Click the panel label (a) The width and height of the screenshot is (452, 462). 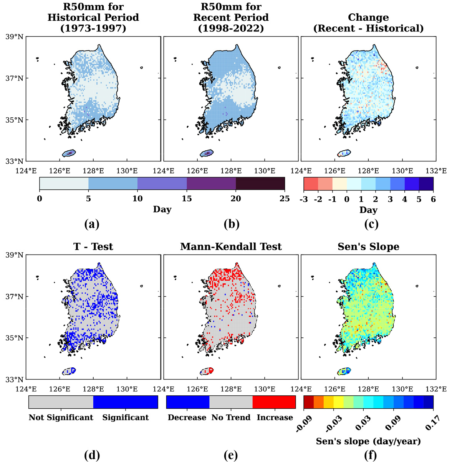(x=92, y=224)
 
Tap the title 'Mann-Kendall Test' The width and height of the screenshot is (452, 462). (x=231, y=247)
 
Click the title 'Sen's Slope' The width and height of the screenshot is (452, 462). (x=368, y=247)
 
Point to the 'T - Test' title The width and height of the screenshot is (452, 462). (x=93, y=247)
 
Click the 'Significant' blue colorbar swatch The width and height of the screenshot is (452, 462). (x=126, y=402)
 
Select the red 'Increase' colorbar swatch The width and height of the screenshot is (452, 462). (x=274, y=402)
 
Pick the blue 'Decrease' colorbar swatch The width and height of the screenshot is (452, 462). (x=188, y=402)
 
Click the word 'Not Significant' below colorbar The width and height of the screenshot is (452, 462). (x=61, y=417)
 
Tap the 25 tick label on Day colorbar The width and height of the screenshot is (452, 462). (x=285, y=199)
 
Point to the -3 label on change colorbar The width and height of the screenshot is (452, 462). (x=304, y=199)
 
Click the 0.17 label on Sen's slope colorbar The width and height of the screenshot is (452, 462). (x=432, y=424)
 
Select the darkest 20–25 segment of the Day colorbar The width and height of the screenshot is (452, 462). (x=260, y=184)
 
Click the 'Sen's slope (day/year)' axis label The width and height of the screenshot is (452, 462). (x=368, y=441)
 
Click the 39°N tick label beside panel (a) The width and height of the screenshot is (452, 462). (x=15, y=37)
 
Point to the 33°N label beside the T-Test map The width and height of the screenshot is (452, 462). (x=15, y=379)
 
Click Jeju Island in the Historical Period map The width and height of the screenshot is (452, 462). (x=69, y=153)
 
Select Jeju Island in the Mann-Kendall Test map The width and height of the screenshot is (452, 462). (x=207, y=371)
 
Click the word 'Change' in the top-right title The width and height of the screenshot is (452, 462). (x=368, y=18)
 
